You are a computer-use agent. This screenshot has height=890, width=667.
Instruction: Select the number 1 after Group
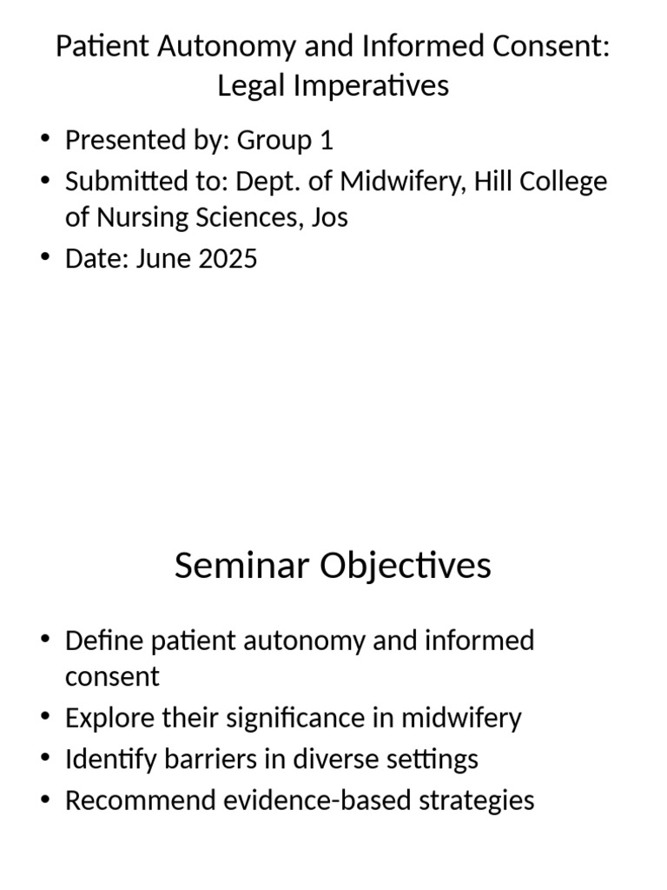326,140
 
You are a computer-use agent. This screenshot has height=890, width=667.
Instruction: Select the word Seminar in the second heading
242,566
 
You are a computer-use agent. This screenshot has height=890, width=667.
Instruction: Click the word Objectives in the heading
406,566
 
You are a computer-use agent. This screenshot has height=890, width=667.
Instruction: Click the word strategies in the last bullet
480,800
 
